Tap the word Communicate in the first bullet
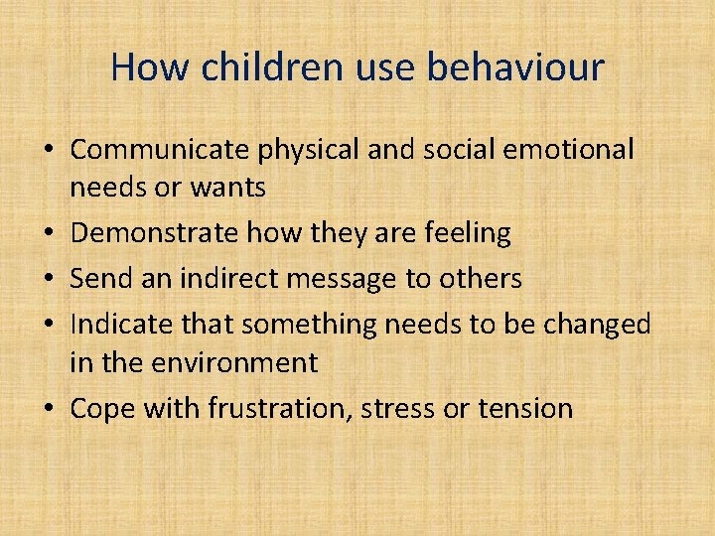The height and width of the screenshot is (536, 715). pyautogui.click(x=161, y=150)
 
